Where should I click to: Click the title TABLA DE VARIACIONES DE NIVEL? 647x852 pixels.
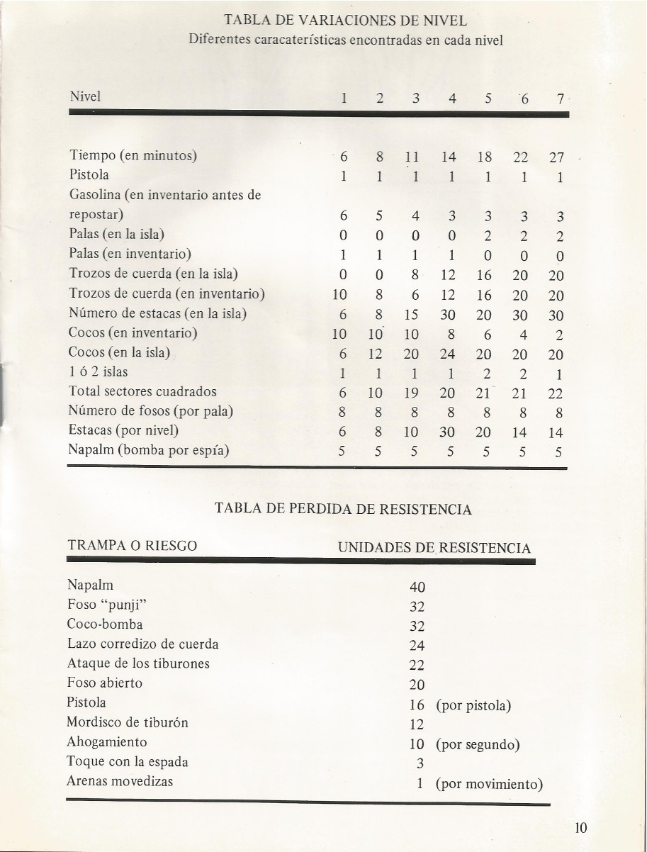(345, 21)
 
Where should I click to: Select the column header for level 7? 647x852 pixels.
(559, 100)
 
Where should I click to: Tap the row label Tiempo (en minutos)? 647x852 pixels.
(133, 156)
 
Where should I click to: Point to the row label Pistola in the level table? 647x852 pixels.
(89, 174)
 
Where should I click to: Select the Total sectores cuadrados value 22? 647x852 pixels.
(556, 393)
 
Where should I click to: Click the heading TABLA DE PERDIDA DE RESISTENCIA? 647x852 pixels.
(343, 509)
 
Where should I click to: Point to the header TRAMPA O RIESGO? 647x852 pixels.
(132, 546)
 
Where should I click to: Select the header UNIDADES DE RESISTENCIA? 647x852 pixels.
(434, 548)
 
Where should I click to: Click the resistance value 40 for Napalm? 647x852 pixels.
(417, 587)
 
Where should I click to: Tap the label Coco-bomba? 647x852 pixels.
(105, 624)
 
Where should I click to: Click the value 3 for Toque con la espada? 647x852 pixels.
(420, 763)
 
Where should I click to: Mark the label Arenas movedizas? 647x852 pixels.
(120, 782)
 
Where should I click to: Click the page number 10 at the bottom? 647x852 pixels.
(582, 828)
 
